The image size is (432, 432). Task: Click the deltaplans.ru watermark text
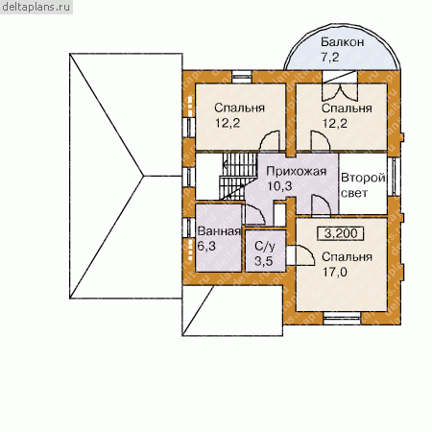click(36, 7)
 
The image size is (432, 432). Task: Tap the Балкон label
click(343, 42)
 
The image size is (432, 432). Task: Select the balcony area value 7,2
click(329, 57)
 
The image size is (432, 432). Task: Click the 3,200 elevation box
click(341, 233)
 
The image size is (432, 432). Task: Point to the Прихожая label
click(297, 172)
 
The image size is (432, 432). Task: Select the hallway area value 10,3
click(279, 186)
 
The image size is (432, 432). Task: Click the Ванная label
click(219, 231)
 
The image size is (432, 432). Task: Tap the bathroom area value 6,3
click(206, 246)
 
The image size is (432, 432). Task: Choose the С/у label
click(265, 247)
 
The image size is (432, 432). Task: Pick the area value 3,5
click(264, 261)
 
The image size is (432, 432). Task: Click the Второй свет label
click(363, 185)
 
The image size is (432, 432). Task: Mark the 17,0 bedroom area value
click(334, 272)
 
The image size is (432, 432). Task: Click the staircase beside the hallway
click(238, 176)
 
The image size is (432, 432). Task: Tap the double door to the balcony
click(339, 91)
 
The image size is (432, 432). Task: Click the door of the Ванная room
click(255, 214)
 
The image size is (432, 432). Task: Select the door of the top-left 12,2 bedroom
click(270, 140)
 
